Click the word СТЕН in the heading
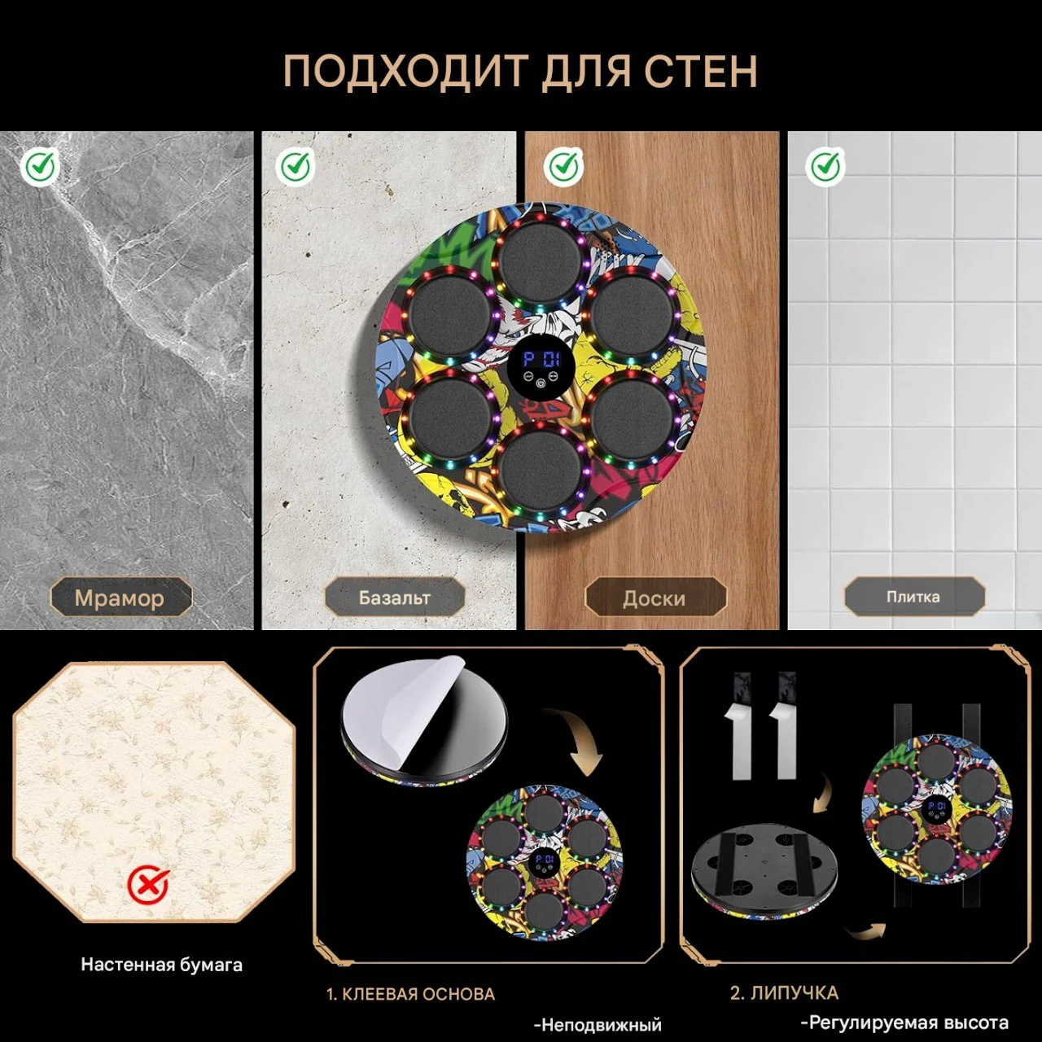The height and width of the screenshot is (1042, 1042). (701, 71)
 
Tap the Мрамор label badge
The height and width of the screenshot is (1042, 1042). (120, 598)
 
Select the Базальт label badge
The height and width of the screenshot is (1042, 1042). (395, 598)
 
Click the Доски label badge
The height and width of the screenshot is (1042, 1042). (655, 598)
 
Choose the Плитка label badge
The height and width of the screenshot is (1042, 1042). (913, 597)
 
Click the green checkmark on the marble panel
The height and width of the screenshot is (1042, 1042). (40, 167)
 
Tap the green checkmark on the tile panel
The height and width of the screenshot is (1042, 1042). (825, 167)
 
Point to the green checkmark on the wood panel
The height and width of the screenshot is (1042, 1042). (563, 167)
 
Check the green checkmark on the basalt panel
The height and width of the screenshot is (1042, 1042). (296, 167)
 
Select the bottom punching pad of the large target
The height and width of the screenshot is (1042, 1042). (539, 468)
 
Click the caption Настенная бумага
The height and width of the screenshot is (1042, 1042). (161, 965)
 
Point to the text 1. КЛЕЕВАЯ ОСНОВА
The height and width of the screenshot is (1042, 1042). (410, 994)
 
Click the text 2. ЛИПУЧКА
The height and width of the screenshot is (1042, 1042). (783, 993)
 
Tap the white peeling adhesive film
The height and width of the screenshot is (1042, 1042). (399, 708)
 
